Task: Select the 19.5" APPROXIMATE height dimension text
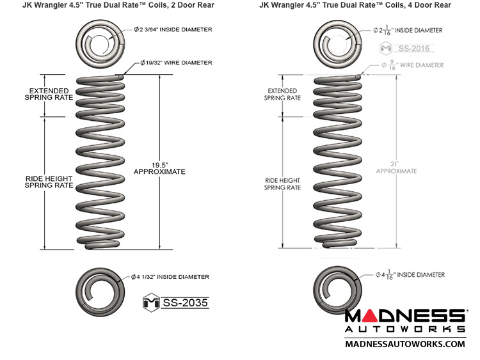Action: pyautogui.click(x=159, y=167)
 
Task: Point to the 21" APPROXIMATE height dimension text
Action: pyautogui.click(x=396, y=167)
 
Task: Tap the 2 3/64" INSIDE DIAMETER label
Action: pyautogui.click(x=173, y=30)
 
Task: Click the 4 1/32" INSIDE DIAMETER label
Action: pyautogui.click(x=170, y=277)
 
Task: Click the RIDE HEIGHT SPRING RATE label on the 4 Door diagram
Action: pyautogui.click(x=282, y=184)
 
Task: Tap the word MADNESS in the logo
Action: pyautogui.click(x=404, y=317)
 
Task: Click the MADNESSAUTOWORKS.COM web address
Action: pyautogui.click(x=404, y=344)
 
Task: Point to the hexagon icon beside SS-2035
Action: pyautogui.click(x=152, y=302)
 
